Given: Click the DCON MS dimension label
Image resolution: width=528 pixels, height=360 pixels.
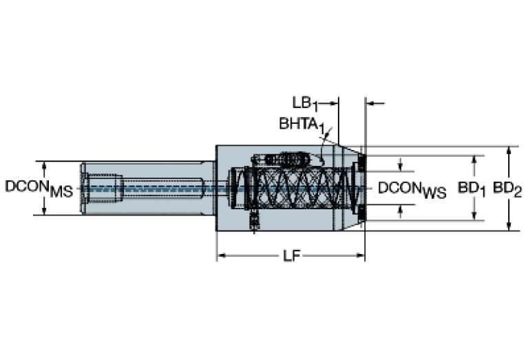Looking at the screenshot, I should pyautogui.click(x=39, y=188).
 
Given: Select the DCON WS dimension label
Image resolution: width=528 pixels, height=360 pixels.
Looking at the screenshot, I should pyautogui.click(x=412, y=189).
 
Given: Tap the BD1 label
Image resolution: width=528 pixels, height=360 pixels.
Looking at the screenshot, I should pyautogui.click(x=473, y=188).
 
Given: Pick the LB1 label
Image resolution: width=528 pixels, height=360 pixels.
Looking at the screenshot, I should pyautogui.click(x=304, y=103).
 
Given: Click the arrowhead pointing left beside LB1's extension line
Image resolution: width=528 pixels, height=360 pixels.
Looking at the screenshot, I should pyautogui.click(x=370, y=103).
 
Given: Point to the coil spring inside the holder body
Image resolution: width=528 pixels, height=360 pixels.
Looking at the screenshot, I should pyautogui.click(x=296, y=187).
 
